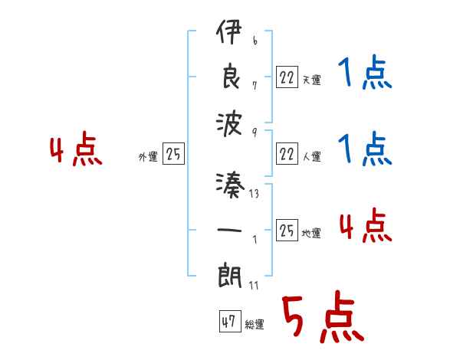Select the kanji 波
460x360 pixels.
pos(229,123)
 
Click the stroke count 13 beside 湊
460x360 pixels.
pos(254,195)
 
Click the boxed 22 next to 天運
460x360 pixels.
pos(287,77)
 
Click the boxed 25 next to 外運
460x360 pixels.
pos(174,155)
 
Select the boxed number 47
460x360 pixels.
pos(228,322)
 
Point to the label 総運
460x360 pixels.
pos(255,325)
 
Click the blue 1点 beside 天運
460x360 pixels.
pos(364,74)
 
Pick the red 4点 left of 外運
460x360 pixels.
pos(76,150)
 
